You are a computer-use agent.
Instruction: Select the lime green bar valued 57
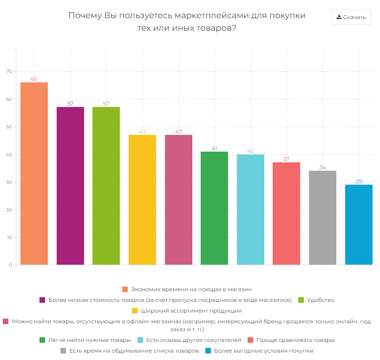106,186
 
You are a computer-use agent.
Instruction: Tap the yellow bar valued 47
142,200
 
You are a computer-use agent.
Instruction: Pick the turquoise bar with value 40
250,210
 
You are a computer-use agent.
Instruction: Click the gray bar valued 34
322,218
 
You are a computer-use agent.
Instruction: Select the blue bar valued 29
359,225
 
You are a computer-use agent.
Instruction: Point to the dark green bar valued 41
214,208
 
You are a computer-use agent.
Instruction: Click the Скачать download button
351,17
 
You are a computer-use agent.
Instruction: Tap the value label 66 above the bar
34,79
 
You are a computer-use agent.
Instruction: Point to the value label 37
286,159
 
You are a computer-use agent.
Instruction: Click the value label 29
359,181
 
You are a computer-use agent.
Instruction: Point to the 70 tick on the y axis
8,72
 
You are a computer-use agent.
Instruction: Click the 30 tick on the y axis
8,182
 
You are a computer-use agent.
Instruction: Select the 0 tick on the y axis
10,265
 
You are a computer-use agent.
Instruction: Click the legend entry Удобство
321,300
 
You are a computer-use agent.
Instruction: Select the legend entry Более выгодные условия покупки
263,351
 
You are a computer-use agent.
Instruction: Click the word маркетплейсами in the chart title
208,15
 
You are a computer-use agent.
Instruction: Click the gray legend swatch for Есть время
63,351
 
